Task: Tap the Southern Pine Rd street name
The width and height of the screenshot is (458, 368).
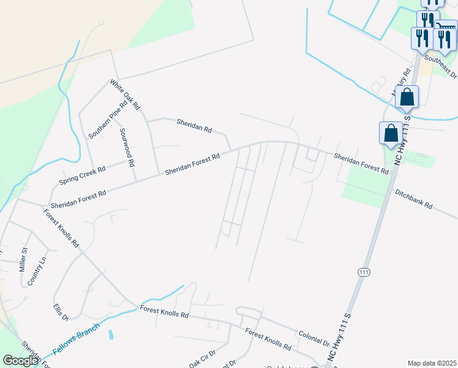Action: pos(108,119)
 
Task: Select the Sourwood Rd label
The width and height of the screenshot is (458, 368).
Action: pos(127,148)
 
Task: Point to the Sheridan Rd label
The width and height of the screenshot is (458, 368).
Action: pos(193,126)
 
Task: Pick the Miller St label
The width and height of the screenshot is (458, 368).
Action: pos(24,259)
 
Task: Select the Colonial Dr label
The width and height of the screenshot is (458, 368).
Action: pos(314,339)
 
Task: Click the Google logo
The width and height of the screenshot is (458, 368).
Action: pos(20,361)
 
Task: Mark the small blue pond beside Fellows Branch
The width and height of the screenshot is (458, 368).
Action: pos(110,335)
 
